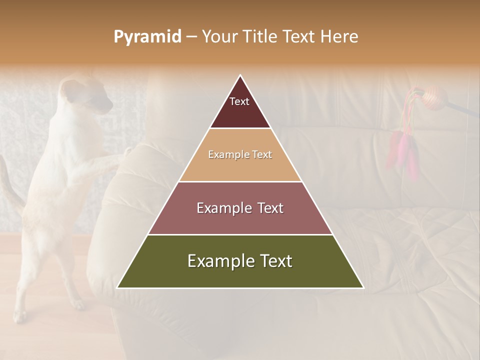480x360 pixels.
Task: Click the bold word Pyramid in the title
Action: click(x=147, y=37)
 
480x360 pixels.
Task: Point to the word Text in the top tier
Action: click(x=239, y=101)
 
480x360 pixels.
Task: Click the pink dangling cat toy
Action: click(x=402, y=152)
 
